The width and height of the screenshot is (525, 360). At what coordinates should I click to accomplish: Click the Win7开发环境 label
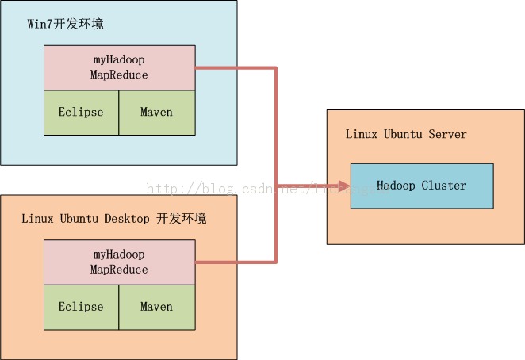[x=65, y=24]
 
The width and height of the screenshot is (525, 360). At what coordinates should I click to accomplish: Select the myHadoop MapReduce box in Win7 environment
[x=119, y=67]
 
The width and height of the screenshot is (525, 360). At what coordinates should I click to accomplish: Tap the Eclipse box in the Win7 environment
[x=81, y=112]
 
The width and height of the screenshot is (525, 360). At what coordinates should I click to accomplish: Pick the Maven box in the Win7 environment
[x=156, y=112]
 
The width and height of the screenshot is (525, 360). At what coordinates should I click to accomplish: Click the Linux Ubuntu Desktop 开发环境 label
[x=113, y=218]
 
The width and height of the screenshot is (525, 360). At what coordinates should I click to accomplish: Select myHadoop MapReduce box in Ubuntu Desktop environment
[x=119, y=262]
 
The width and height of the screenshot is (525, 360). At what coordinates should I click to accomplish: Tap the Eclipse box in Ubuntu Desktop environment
[x=81, y=307]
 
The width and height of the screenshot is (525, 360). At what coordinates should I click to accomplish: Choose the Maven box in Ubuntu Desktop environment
[x=156, y=307]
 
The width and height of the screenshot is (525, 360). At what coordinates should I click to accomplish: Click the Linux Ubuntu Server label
[x=406, y=134]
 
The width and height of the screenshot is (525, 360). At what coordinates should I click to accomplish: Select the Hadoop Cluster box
[x=422, y=186]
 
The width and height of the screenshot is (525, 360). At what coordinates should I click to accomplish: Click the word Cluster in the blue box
[x=444, y=186]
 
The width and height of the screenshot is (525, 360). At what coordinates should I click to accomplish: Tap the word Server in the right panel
[x=448, y=134]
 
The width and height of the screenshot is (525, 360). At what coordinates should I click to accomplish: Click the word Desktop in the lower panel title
[x=126, y=218]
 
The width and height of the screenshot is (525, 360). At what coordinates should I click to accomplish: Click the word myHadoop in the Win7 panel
[x=119, y=60]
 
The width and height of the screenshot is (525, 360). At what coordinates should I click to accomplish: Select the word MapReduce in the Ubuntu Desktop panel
[x=119, y=270]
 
